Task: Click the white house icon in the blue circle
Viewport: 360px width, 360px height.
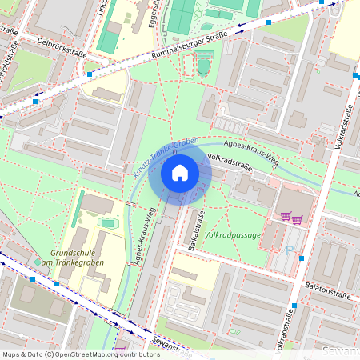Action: click(x=180, y=173)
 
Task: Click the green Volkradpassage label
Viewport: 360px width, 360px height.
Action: click(x=232, y=236)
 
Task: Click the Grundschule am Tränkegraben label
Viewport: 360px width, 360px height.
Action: click(x=68, y=257)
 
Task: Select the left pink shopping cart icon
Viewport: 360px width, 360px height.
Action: click(x=285, y=217)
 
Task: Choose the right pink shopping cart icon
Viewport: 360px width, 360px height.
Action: click(x=298, y=218)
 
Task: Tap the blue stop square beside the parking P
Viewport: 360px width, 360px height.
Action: click(x=301, y=258)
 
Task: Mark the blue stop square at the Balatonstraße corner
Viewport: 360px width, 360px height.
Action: click(x=294, y=306)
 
